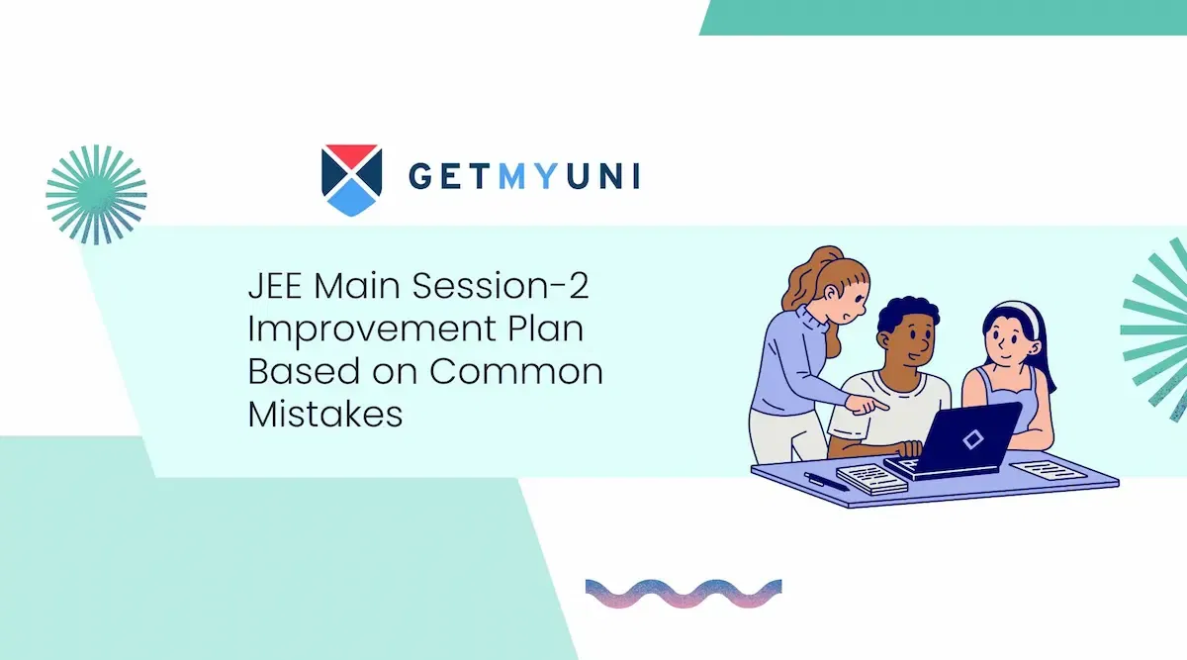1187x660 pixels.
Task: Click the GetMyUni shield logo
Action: (351, 180)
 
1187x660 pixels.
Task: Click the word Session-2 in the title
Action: (501, 286)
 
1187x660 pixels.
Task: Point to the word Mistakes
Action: (325, 414)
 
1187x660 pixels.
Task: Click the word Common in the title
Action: (516, 371)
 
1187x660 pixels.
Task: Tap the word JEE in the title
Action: (275, 286)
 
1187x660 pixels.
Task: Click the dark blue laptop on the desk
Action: (954, 441)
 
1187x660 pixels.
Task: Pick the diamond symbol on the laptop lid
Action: (973, 439)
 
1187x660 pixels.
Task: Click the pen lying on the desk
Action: (826, 481)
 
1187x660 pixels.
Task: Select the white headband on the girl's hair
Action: (1023, 314)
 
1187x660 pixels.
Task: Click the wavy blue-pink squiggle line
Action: (684, 594)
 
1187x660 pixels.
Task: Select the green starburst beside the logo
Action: (97, 195)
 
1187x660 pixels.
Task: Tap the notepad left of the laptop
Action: (871, 479)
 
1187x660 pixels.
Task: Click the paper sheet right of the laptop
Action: (1049, 470)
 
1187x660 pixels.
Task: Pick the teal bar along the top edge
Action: (944, 18)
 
